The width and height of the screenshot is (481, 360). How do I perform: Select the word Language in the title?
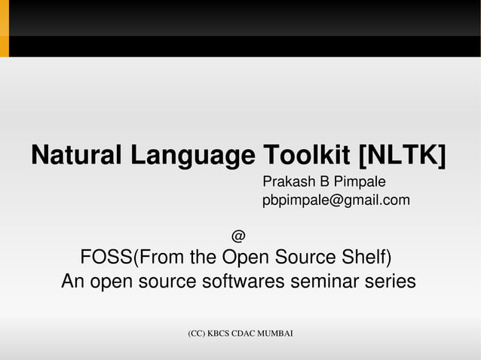point(192,156)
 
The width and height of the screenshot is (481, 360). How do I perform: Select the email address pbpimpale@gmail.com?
point(335,200)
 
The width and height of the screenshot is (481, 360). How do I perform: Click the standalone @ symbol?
point(237,236)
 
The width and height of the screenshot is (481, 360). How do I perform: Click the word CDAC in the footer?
point(245,333)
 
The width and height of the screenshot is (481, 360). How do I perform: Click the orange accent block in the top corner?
point(4,29)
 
